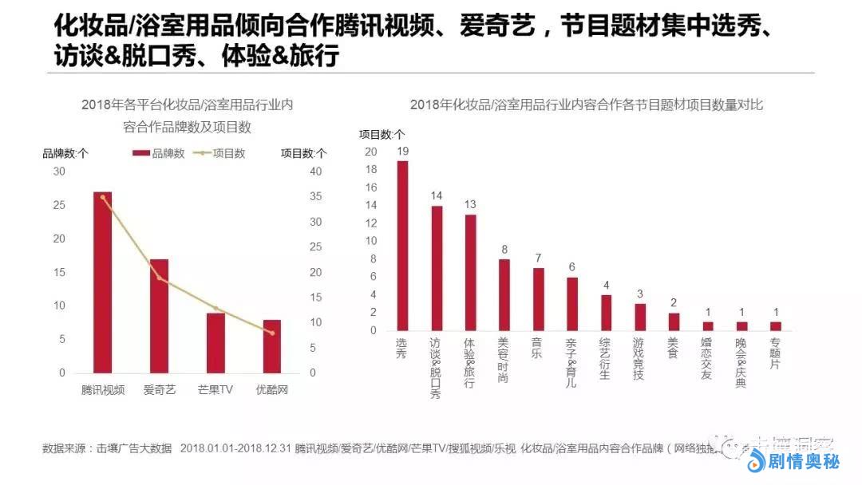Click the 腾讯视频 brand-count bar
(x=102, y=282)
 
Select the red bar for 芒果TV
(x=215, y=343)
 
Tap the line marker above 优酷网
(x=272, y=333)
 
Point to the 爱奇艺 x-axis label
(x=159, y=391)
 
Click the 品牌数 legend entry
(x=159, y=153)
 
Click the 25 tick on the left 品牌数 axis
(x=60, y=205)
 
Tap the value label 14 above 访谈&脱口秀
(x=437, y=195)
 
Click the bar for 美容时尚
(x=504, y=294)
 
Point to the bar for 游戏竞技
(x=640, y=317)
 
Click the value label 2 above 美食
(x=674, y=302)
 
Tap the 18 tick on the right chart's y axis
(x=371, y=169)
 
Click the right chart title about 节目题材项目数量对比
(x=587, y=104)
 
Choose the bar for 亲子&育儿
(x=572, y=304)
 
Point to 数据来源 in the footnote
(x=68, y=448)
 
